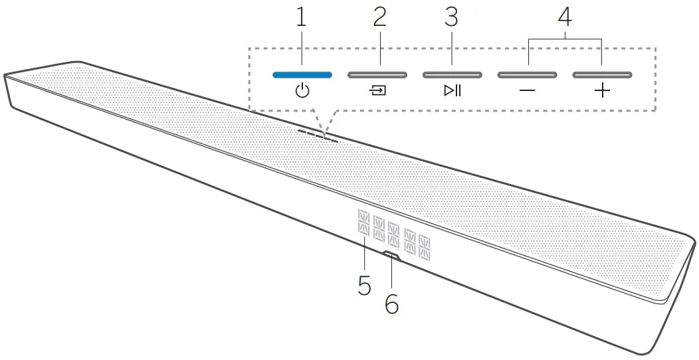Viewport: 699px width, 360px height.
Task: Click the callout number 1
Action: tap(302, 18)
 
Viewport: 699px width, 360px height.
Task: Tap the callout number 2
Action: tap(379, 18)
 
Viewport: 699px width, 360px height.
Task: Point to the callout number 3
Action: tap(452, 18)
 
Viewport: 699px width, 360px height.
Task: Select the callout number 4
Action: tap(565, 18)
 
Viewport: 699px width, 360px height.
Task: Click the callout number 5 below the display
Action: tap(364, 285)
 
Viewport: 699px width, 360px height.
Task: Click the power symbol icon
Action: tap(302, 91)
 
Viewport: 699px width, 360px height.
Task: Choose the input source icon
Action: tap(377, 91)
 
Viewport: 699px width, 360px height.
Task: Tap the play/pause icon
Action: tap(452, 91)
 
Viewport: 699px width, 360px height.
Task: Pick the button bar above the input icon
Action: tap(377, 74)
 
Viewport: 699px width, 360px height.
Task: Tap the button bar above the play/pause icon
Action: tap(452, 74)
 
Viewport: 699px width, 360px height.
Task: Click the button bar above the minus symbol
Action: tap(528, 74)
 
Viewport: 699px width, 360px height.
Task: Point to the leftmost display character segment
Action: tap(364, 222)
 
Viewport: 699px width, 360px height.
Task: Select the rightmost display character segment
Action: tap(423, 248)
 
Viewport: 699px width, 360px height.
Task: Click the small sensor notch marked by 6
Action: tap(391, 254)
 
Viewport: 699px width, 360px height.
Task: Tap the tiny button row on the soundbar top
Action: tap(318, 135)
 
